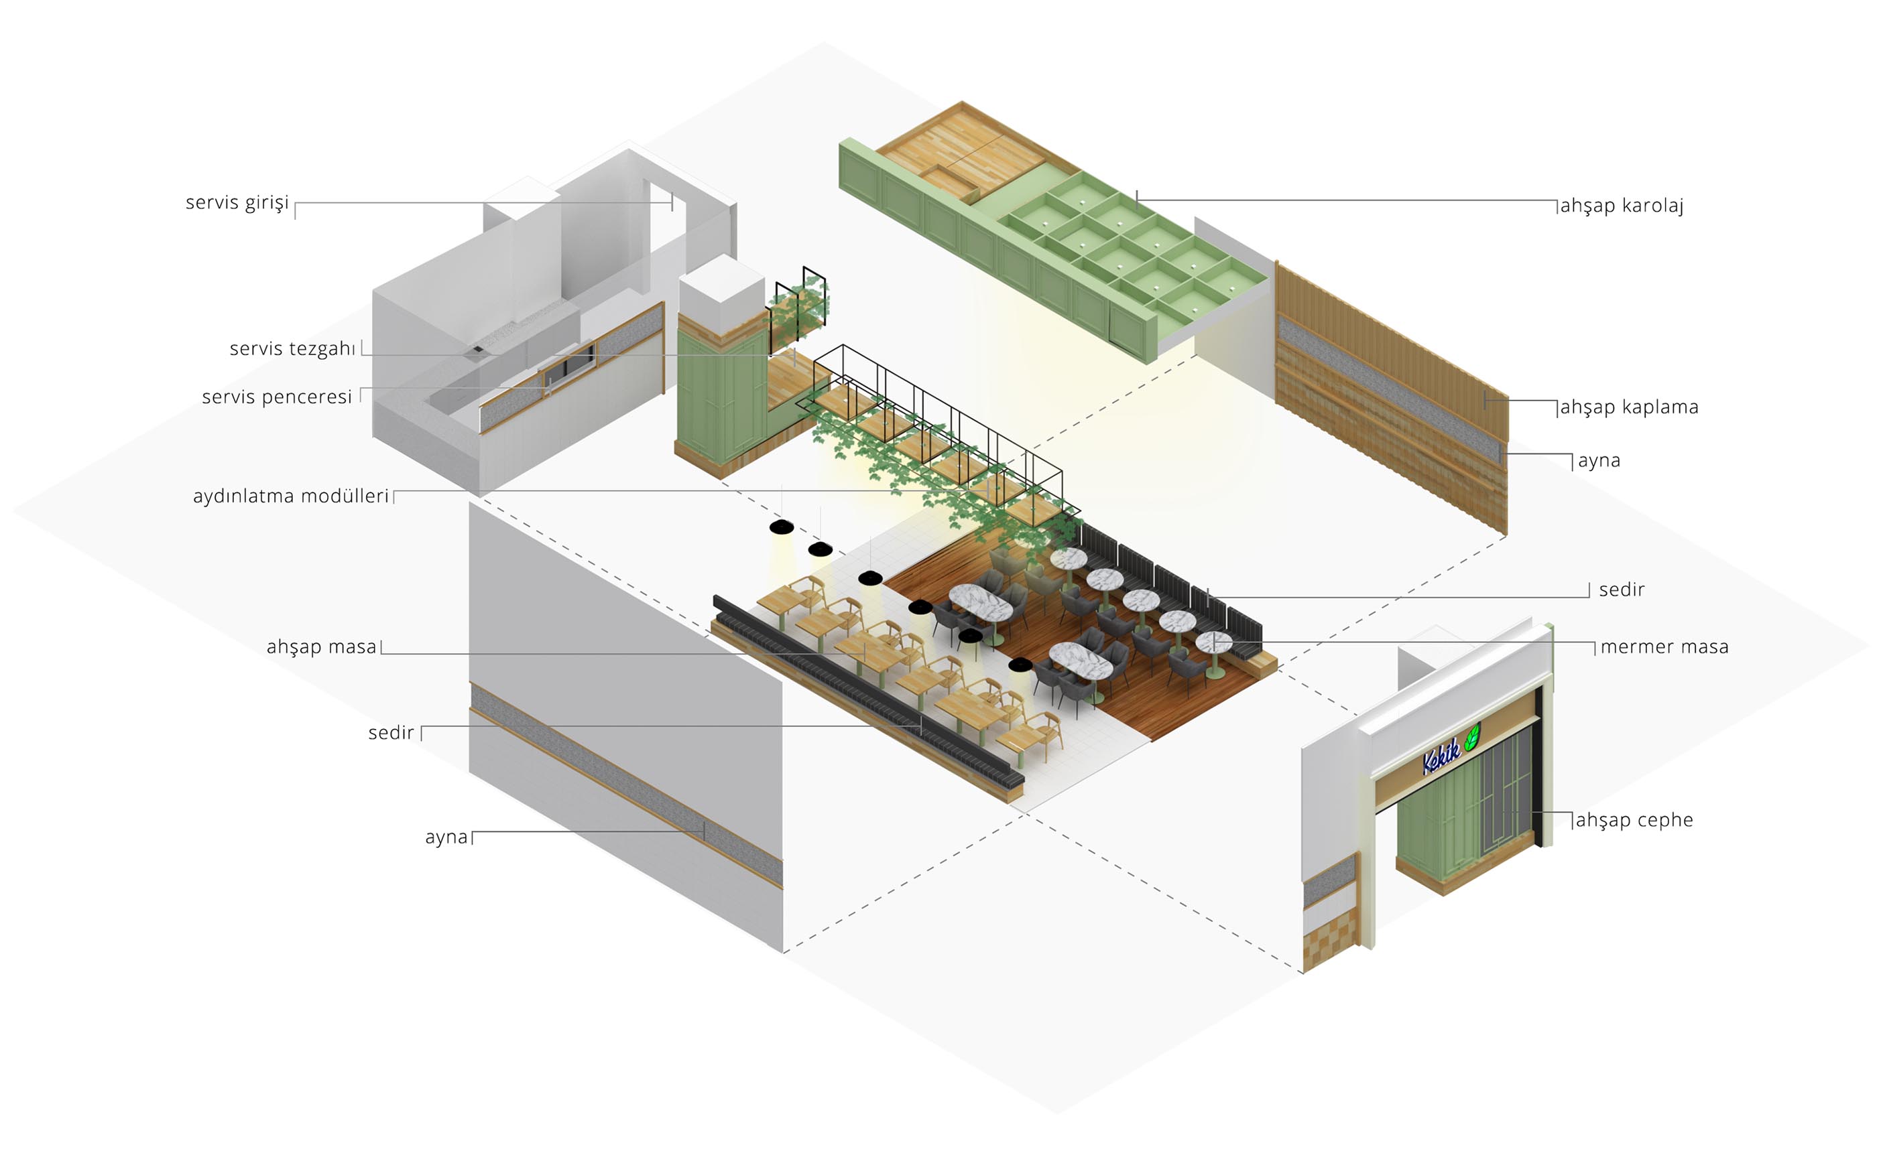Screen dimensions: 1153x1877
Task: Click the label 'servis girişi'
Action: tap(237, 203)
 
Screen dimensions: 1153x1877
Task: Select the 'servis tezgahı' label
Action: tap(292, 348)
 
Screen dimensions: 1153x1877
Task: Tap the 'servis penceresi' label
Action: tap(277, 397)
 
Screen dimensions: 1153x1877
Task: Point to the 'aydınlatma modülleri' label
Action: tap(291, 496)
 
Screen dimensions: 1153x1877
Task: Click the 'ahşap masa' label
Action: tap(321, 647)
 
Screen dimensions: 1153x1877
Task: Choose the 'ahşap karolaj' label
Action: tap(1622, 205)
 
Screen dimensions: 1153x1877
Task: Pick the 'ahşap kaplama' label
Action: tap(1629, 407)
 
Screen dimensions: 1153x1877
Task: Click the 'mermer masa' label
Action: tap(1664, 647)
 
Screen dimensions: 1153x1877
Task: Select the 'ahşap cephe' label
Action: tap(1634, 820)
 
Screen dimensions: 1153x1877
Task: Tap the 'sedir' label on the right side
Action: tap(1622, 590)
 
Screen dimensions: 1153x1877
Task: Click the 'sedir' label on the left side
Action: tap(391, 733)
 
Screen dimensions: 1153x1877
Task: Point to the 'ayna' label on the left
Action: tap(446, 837)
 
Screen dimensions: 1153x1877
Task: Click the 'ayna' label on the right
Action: tap(1599, 460)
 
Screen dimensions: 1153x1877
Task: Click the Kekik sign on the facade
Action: tap(1442, 755)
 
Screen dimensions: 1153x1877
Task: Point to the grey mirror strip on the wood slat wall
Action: tap(1389, 389)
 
